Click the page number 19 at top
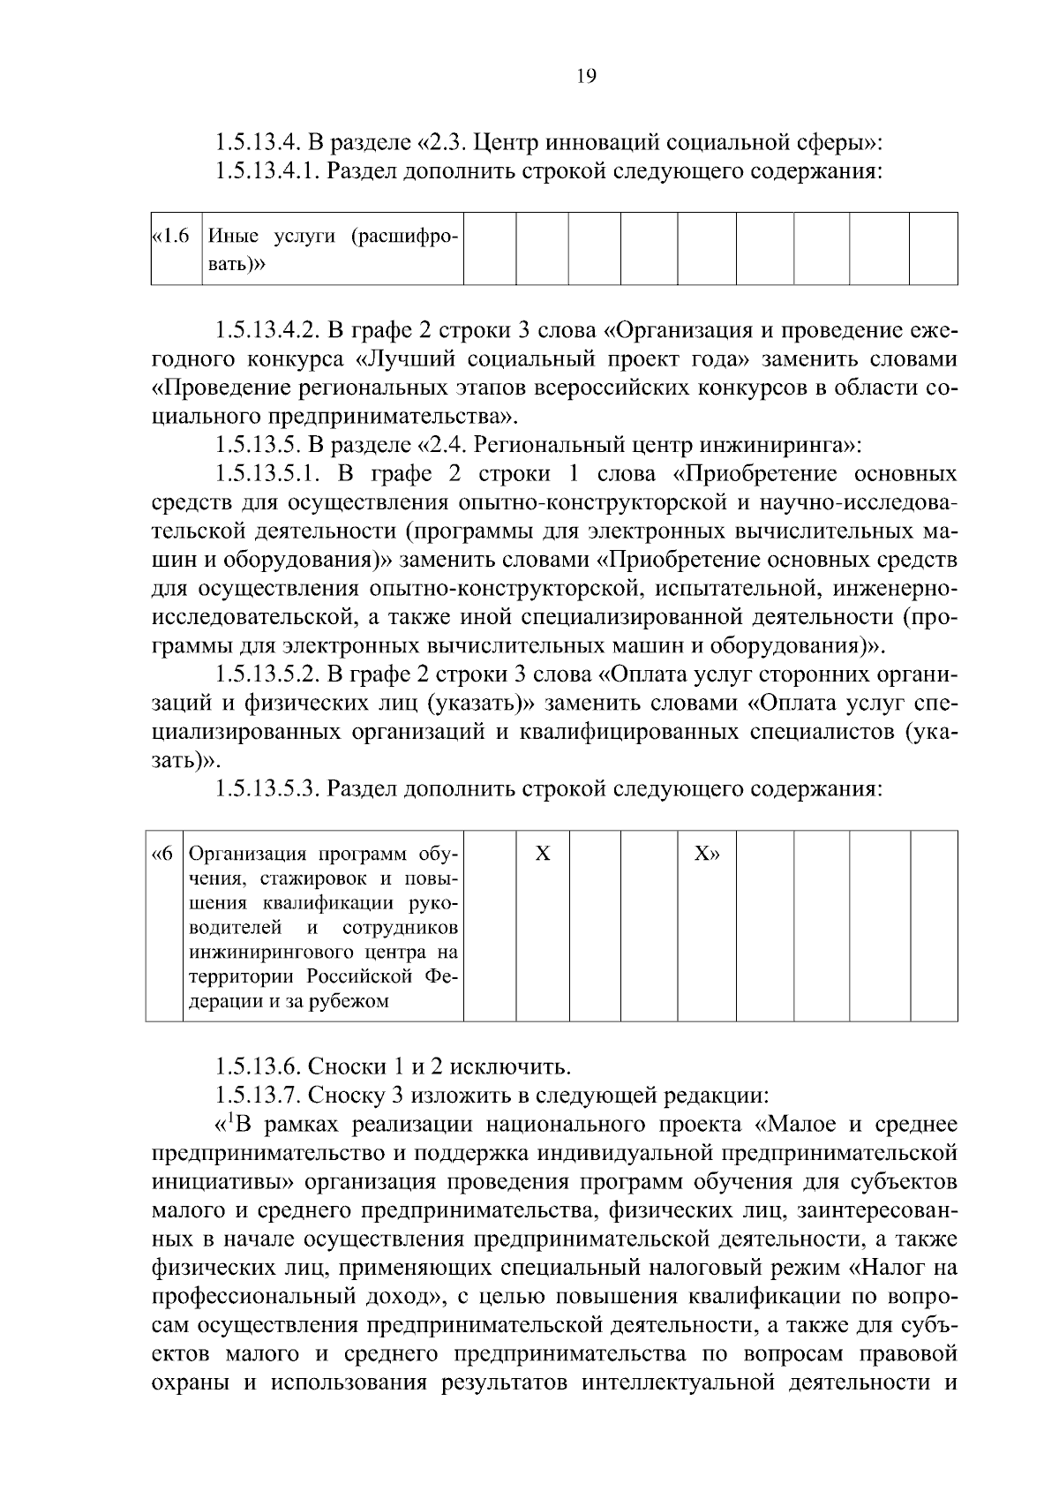(x=586, y=76)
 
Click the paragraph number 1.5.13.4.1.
(x=267, y=170)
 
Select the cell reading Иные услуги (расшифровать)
(x=332, y=249)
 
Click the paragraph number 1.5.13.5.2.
(x=267, y=674)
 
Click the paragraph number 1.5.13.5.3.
(x=267, y=788)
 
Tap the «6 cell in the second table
(x=164, y=854)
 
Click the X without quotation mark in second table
(x=543, y=854)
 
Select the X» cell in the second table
(x=706, y=854)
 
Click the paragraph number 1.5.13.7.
(x=257, y=1096)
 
